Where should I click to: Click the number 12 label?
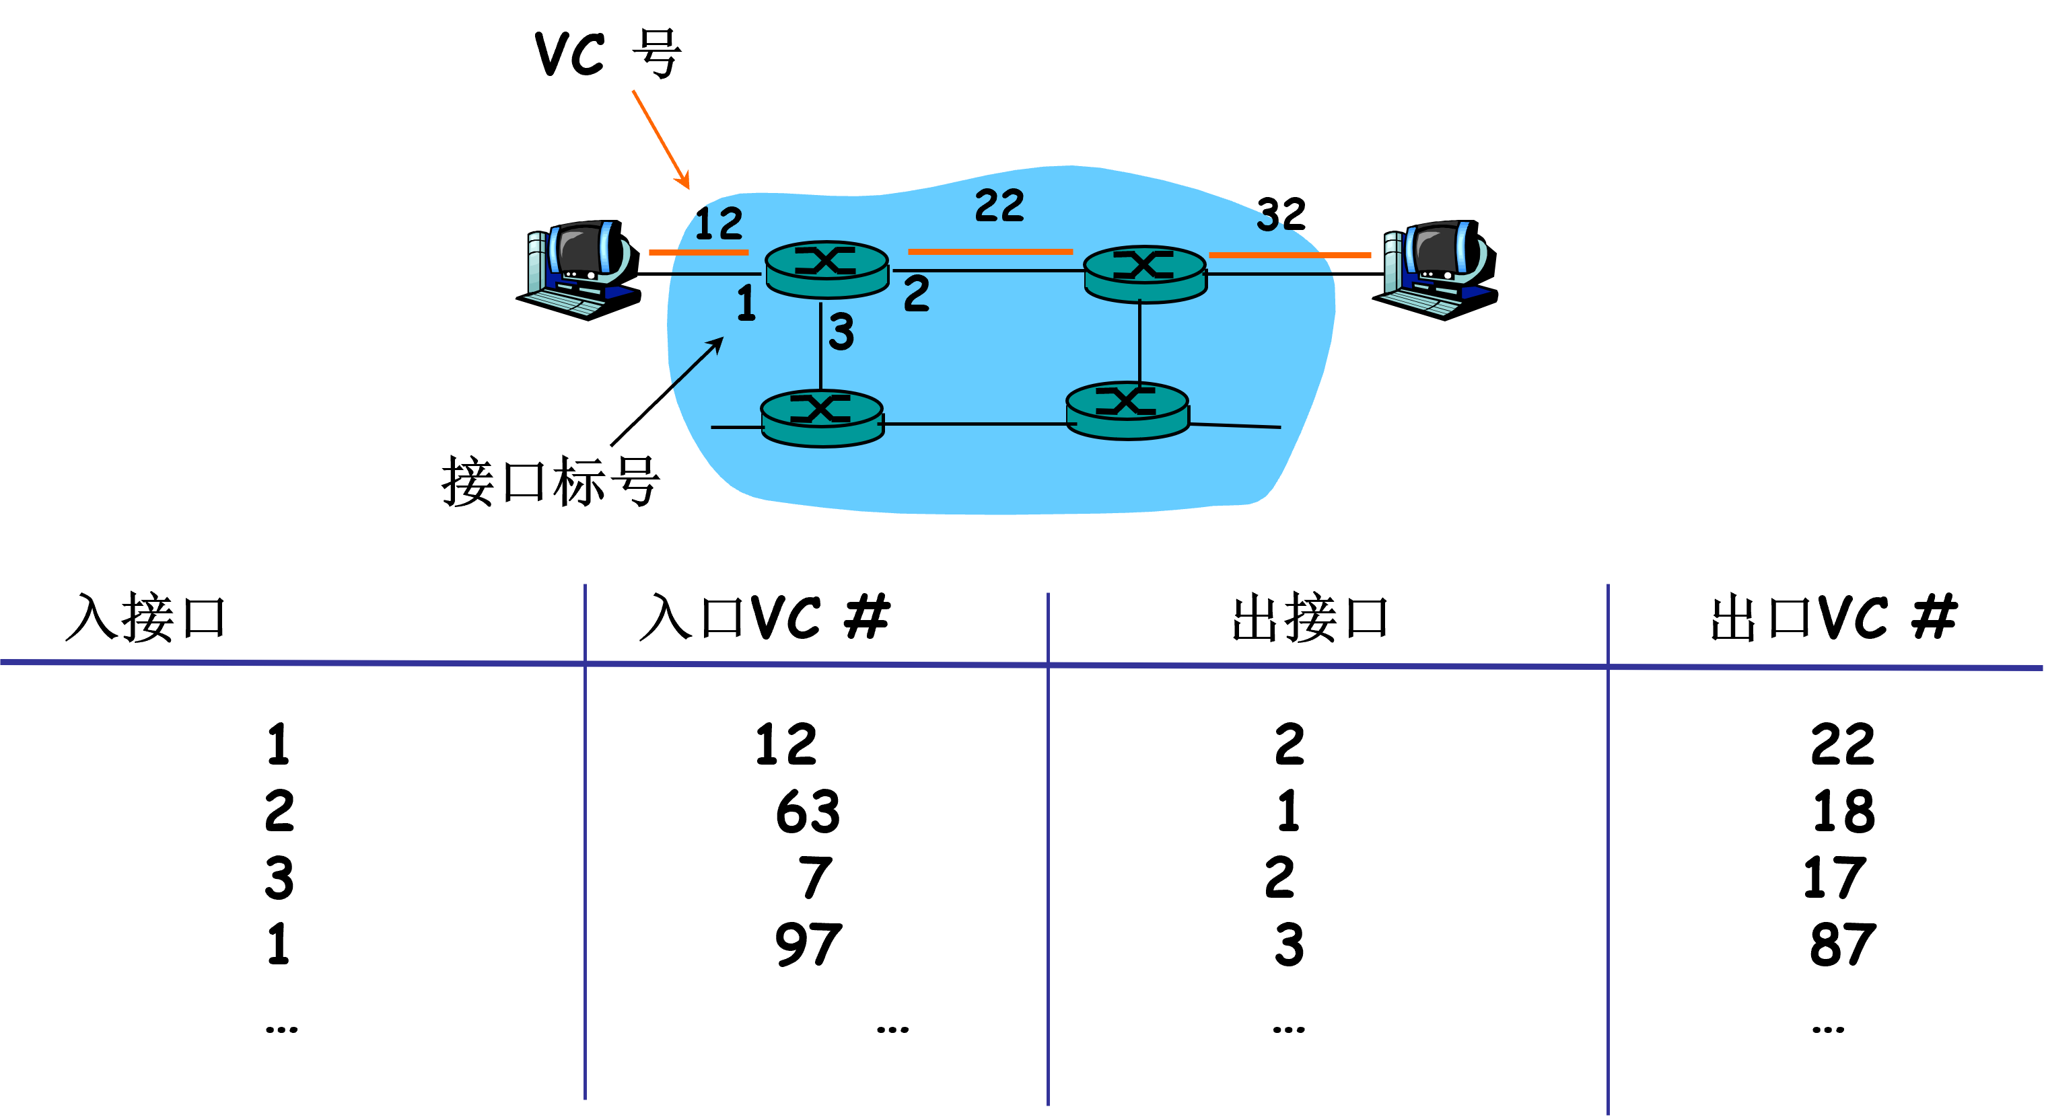pyautogui.click(x=719, y=223)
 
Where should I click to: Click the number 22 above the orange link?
pyautogui.click(x=999, y=206)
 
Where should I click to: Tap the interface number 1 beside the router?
pyautogui.click(x=746, y=303)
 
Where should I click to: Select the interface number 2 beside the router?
pyautogui.click(x=917, y=294)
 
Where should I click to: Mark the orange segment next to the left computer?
pyautogui.click(x=698, y=252)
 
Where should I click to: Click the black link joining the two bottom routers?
pyautogui.click(x=975, y=424)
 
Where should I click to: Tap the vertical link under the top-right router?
pyautogui.click(x=1139, y=342)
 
